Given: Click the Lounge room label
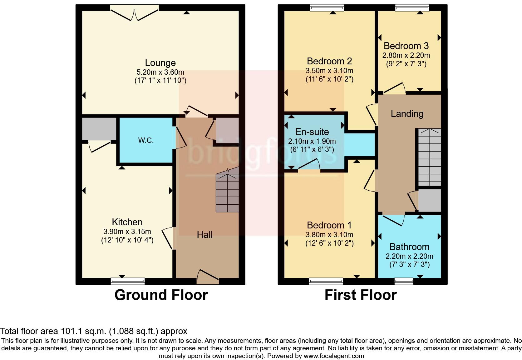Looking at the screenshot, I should pyautogui.click(x=160, y=63).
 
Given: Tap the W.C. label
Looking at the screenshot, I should pyautogui.click(x=146, y=140).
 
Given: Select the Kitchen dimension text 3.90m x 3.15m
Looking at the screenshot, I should pyautogui.click(x=127, y=232).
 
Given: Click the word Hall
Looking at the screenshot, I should pyautogui.click(x=204, y=235).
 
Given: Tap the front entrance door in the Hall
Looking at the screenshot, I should pyautogui.click(x=208, y=277).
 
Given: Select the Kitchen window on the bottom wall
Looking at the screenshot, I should pyautogui.click(x=128, y=281).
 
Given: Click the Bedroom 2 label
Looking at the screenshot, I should pyautogui.click(x=329, y=61).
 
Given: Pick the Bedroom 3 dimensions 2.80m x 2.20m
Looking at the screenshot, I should pyautogui.click(x=406, y=55).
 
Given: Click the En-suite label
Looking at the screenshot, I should pyautogui.click(x=312, y=132).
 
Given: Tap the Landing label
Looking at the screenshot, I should pyautogui.click(x=407, y=114).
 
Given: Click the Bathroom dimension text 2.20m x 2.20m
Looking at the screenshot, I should pyautogui.click(x=409, y=257).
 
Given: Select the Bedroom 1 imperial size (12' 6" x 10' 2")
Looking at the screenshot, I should pyautogui.click(x=329, y=243).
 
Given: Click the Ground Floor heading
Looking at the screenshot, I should pyautogui.click(x=161, y=295).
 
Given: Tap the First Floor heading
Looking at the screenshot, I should pyautogui.click(x=360, y=295).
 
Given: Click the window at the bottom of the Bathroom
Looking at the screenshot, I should pyautogui.click(x=404, y=281).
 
